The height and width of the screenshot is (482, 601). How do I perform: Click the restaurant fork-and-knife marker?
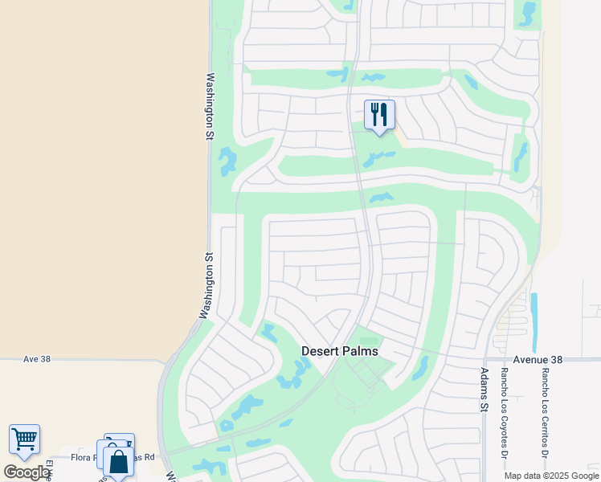tap(379, 114)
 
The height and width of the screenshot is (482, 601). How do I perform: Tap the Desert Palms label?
tap(339, 351)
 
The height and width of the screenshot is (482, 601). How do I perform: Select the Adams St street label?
tap(484, 390)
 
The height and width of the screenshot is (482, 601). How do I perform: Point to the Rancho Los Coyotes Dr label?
tap(505, 408)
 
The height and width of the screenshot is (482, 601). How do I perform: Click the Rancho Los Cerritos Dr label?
tap(545, 408)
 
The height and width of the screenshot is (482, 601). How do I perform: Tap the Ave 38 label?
tap(37, 359)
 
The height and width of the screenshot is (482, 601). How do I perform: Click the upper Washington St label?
tap(211, 107)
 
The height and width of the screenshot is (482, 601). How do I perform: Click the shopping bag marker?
tap(118, 462)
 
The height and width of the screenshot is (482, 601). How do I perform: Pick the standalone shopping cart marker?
tap(24, 439)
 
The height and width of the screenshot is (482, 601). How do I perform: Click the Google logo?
tap(26, 472)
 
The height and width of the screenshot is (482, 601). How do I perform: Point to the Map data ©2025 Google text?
tap(552, 476)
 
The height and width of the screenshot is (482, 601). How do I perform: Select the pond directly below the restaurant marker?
tap(378, 158)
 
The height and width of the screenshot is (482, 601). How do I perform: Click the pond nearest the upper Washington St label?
tap(227, 161)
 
